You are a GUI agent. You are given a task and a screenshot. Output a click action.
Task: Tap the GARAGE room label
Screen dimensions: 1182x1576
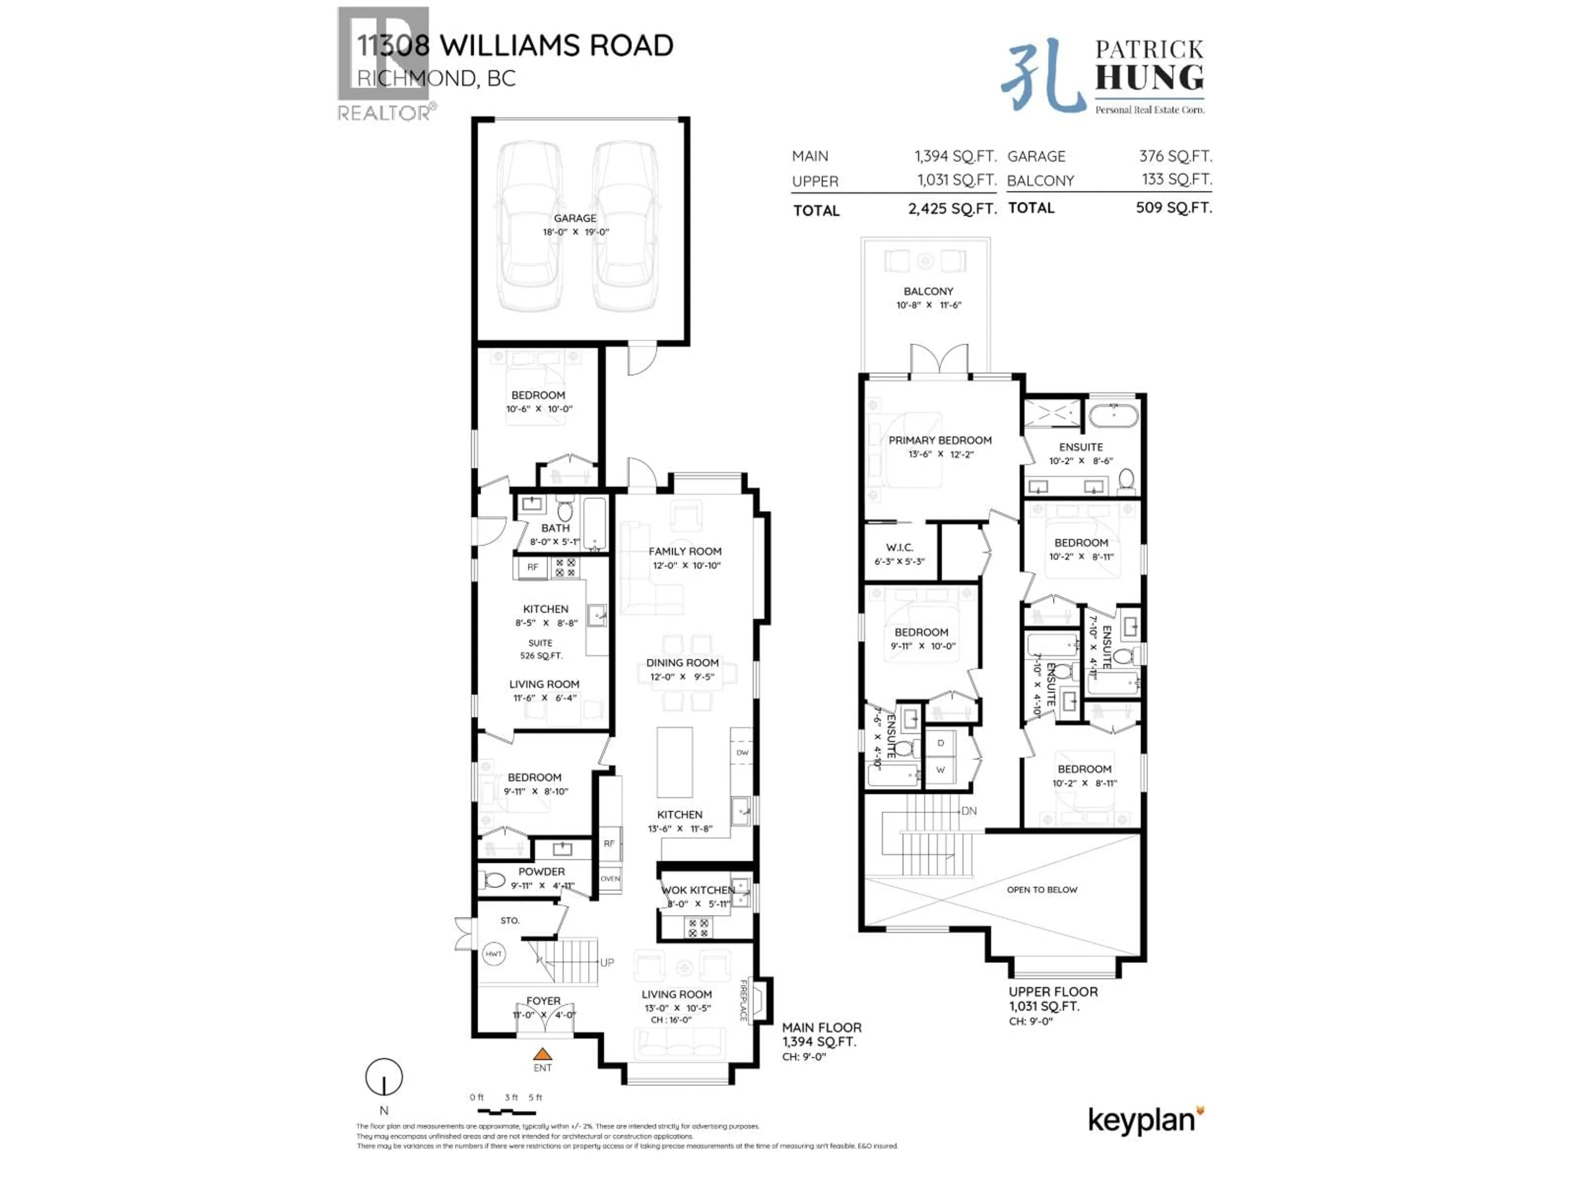575,218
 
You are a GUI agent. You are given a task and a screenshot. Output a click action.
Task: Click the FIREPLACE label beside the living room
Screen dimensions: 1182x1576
743,1000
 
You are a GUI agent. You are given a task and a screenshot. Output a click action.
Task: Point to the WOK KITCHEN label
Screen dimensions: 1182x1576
698,890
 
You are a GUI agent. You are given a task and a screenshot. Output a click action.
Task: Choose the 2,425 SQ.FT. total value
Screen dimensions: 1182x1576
951,209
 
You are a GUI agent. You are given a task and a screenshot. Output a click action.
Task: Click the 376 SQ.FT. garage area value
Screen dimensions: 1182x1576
1175,156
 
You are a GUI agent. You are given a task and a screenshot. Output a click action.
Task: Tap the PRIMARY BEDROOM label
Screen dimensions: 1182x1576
940,440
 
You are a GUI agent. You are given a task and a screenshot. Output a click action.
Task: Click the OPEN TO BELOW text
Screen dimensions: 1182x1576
1042,890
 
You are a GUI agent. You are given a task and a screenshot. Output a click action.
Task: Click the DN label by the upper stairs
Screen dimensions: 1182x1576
969,811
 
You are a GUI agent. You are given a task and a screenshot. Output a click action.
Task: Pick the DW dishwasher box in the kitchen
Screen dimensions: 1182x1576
742,752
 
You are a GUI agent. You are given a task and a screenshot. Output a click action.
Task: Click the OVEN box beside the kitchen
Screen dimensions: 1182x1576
610,878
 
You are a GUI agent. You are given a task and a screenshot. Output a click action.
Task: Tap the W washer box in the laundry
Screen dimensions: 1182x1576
941,770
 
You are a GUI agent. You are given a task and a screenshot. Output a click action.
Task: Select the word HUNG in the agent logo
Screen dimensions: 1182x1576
1149,77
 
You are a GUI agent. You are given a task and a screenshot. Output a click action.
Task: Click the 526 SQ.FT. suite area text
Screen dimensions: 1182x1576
541,655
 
